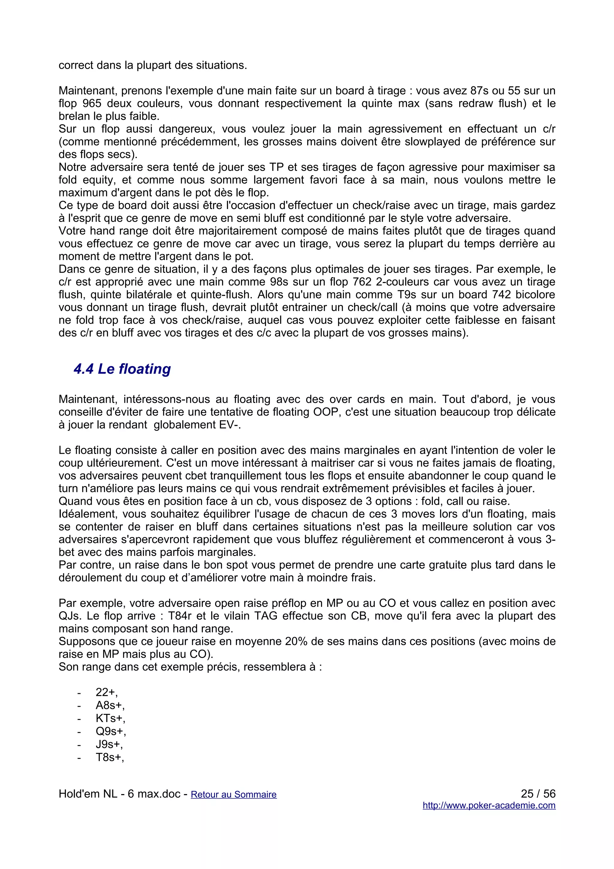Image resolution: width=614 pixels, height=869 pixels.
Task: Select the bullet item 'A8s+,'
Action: coord(110,705)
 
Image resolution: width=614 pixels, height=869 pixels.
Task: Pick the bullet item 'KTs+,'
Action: coord(110,718)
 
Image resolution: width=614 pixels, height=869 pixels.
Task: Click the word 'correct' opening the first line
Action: coord(76,65)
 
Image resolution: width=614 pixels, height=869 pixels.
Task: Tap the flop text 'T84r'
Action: coord(180,616)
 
